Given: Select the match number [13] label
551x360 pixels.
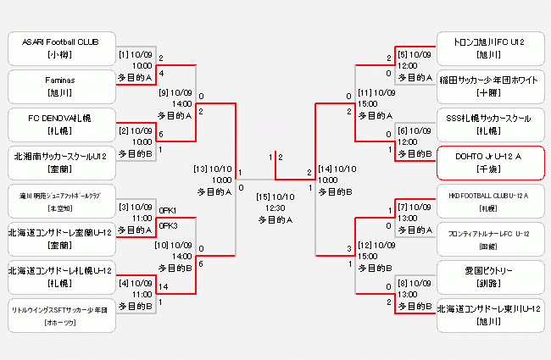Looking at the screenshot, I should (x=202, y=168).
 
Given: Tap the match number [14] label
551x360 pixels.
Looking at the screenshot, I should (x=326, y=168).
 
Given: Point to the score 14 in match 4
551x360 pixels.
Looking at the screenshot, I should (x=164, y=287).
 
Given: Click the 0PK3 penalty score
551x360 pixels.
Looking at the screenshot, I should (x=168, y=225).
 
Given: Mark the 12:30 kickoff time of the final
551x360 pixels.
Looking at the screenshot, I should (x=275, y=208).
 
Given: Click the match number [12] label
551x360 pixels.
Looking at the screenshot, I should (x=365, y=244).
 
